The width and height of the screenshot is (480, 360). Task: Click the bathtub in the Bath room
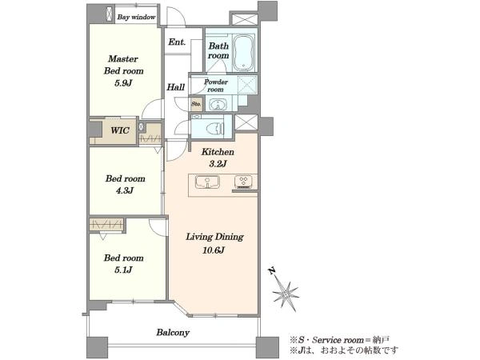pyautogui.click(x=243, y=53)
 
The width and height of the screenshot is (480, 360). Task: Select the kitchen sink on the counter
pyautogui.click(x=207, y=182)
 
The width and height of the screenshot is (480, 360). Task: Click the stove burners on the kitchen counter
pyautogui.click(x=243, y=181)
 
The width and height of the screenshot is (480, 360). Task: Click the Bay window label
pyautogui.click(x=136, y=17)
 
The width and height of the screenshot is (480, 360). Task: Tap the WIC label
pyautogui.click(x=120, y=130)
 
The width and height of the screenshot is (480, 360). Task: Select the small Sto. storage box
pyautogui.click(x=196, y=104)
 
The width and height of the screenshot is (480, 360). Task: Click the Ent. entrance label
pyautogui.click(x=177, y=42)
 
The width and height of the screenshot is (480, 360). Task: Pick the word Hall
pyautogui.click(x=175, y=87)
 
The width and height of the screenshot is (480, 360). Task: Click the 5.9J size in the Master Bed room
pyautogui.click(x=123, y=83)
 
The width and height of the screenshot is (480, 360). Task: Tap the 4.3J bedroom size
pyautogui.click(x=125, y=190)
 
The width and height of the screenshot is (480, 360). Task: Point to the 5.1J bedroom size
pyautogui.click(x=124, y=270)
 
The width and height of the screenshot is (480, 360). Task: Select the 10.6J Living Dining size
pyautogui.click(x=214, y=250)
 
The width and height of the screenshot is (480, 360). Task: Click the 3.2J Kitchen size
pyautogui.click(x=218, y=164)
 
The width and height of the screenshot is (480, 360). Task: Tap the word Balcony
pyautogui.click(x=173, y=333)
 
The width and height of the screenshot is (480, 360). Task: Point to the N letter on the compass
pyautogui.click(x=271, y=271)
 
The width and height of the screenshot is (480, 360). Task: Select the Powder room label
pyautogui.click(x=216, y=86)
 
